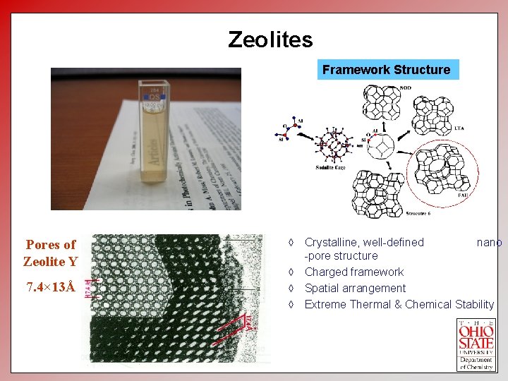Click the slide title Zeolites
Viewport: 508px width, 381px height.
pyautogui.click(x=270, y=40)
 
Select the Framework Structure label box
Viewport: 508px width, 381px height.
pyautogui.click(x=386, y=70)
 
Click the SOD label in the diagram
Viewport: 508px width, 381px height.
pyautogui.click(x=406, y=88)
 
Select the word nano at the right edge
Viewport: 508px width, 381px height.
pyautogui.click(x=489, y=243)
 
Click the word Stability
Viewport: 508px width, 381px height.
pyautogui.click(x=474, y=305)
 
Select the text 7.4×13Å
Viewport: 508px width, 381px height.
pyautogui.click(x=51, y=289)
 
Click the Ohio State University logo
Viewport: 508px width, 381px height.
pyautogui.click(x=477, y=344)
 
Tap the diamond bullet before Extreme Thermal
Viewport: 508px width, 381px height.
pyautogui.click(x=291, y=305)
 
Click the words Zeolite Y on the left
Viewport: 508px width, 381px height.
pyautogui.click(x=50, y=262)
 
